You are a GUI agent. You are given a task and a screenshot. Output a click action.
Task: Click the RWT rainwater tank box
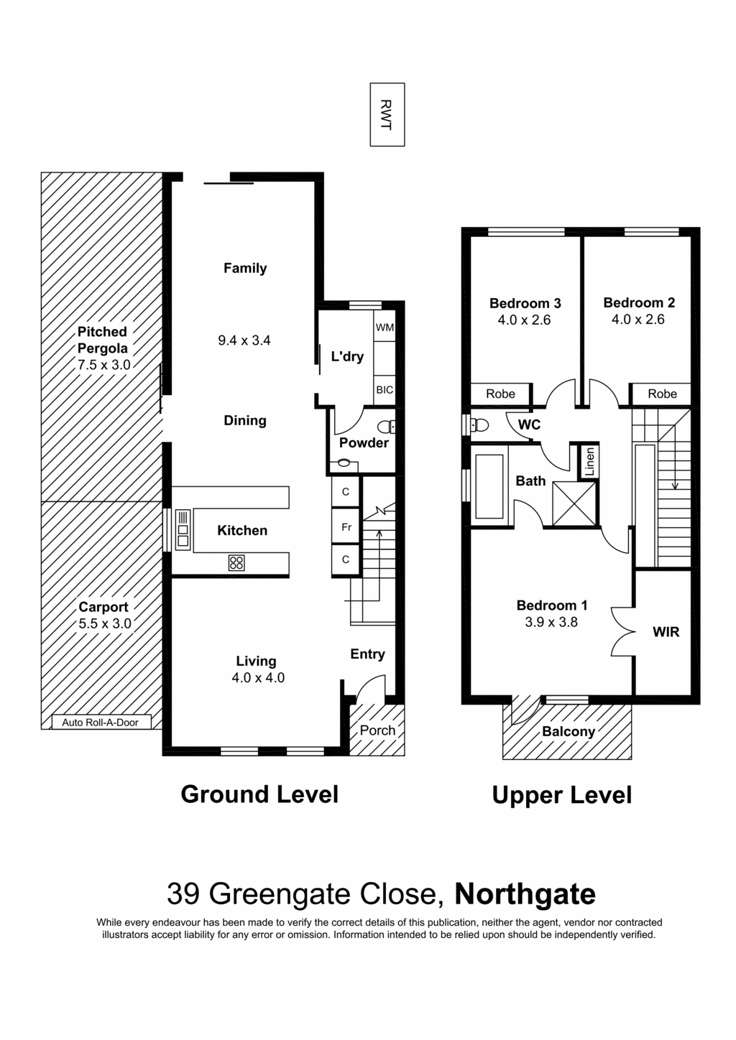pyautogui.click(x=387, y=115)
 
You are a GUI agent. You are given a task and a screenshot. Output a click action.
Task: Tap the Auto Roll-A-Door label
pyautogui.click(x=101, y=723)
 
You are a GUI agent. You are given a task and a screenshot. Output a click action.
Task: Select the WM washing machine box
pyautogui.click(x=385, y=327)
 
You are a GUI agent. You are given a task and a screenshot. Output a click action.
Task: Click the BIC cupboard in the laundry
pyautogui.click(x=385, y=390)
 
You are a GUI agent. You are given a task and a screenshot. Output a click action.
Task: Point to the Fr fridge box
pyautogui.click(x=346, y=527)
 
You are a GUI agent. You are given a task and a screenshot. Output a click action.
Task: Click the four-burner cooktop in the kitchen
pyautogui.click(x=236, y=562)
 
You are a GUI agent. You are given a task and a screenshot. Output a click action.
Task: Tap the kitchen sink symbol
pyautogui.click(x=183, y=530)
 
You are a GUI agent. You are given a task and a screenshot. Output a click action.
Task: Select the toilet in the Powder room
pyautogui.click(x=386, y=426)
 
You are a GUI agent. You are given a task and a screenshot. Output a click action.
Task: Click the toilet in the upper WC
pyautogui.click(x=479, y=424)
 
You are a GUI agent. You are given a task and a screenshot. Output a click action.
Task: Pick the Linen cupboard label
pyautogui.click(x=589, y=462)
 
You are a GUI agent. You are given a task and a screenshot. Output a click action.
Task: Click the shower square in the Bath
pyautogui.click(x=574, y=503)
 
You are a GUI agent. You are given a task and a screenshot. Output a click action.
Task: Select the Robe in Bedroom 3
pyautogui.click(x=500, y=394)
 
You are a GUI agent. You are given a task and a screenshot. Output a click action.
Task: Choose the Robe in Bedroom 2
pyautogui.click(x=662, y=394)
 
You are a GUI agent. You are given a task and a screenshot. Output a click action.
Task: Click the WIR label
pyautogui.click(x=666, y=632)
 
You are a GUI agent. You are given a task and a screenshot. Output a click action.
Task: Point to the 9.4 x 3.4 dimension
pyautogui.click(x=244, y=340)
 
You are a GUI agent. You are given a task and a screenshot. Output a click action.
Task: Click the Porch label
pyautogui.click(x=377, y=730)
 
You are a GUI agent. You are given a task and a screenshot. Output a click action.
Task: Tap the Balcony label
pyautogui.click(x=569, y=732)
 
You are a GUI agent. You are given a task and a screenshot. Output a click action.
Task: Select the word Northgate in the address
pyautogui.click(x=525, y=894)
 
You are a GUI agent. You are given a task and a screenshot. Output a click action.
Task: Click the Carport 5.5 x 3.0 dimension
pyautogui.click(x=105, y=623)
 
